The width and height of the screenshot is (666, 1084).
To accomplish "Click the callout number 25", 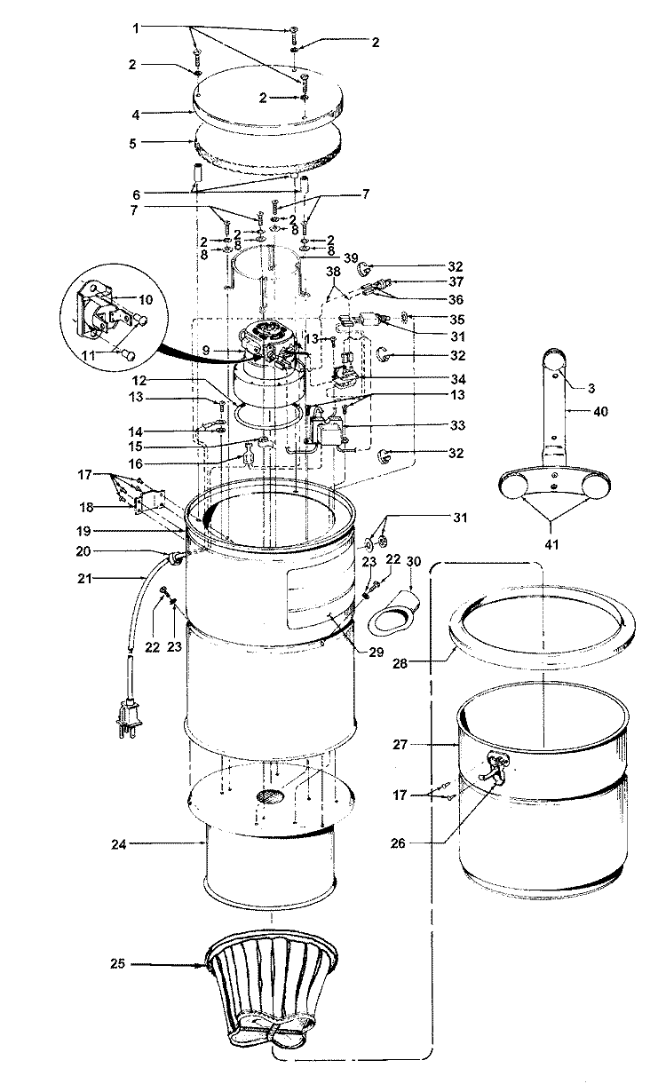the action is point(117,963).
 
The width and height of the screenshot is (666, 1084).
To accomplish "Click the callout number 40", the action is point(600,411).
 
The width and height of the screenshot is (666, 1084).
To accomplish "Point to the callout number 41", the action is point(551,544).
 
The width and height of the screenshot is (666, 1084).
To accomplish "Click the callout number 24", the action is point(118,844).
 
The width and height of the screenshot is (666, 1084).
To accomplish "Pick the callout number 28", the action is point(400,663).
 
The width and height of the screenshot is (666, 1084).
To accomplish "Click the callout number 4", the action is point(136,115).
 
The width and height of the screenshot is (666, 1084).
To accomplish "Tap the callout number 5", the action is point(132,144).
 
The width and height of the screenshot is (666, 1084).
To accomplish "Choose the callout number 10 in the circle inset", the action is point(146,299).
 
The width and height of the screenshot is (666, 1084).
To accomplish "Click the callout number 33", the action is point(457,425).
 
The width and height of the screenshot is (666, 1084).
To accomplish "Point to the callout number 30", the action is point(414,561).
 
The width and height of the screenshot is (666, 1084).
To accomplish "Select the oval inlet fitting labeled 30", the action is point(393,613).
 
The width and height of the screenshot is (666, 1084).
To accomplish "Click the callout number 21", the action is point(84,578).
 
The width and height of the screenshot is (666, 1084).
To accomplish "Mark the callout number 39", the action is point(351,258).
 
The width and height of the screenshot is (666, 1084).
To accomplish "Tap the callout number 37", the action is point(456,281).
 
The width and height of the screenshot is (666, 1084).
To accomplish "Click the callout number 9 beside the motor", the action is point(206,350).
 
